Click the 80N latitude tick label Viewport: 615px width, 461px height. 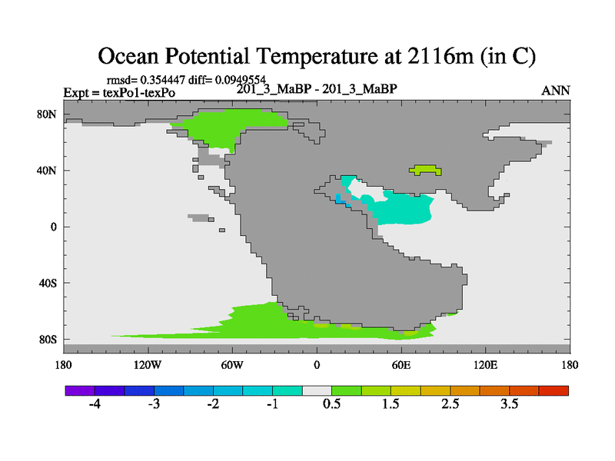(x=46, y=114)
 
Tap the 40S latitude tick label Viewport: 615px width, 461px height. (x=48, y=283)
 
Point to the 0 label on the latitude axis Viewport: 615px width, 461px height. (x=53, y=227)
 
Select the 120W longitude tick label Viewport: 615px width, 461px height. (x=147, y=365)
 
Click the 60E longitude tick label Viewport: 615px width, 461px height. (x=401, y=365)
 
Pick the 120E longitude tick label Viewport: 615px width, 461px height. (x=485, y=365)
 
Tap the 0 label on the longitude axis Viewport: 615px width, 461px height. (x=317, y=365)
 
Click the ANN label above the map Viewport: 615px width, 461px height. (x=555, y=91)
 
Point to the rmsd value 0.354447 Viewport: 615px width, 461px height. (x=162, y=80)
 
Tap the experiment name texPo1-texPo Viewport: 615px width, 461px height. (x=139, y=93)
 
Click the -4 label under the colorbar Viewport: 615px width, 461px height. (x=95, y=403)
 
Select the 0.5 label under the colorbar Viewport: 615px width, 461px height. (x=331, y=403)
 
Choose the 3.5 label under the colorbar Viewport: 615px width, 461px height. (x=509, y=403)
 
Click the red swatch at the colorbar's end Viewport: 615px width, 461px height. (x=553, y=390)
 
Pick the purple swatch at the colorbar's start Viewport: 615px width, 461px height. (x=80, y=390)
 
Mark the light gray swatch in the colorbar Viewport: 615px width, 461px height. (x=317, y=390)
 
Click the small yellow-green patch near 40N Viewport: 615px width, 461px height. (x=425, y=170)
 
